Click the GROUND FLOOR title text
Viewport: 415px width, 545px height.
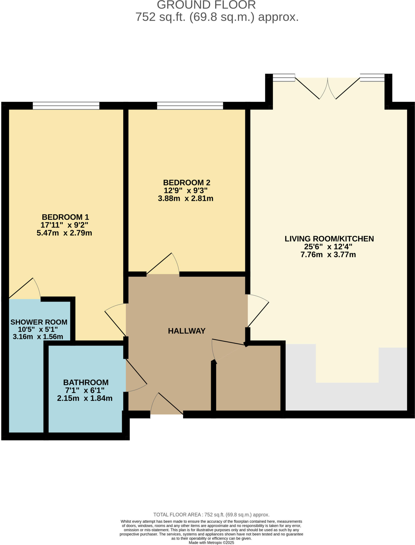tap(206, 5)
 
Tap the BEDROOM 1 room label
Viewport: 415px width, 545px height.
tap(65, 217)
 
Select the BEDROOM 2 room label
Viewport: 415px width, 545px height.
tap(186, 183)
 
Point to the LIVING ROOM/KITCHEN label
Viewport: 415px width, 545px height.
tap(329, 239)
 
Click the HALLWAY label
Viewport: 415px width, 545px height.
tap(187, 331)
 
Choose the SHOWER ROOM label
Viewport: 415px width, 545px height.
tap(39, 322)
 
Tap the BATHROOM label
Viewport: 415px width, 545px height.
tap(86, 382)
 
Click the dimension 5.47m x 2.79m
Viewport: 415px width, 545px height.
tap(64, 233)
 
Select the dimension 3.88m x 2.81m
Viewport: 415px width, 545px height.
tap(185, 199)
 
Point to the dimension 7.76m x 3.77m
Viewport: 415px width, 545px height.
tap(328, 255)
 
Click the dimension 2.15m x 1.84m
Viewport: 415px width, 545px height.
tap(85, 398)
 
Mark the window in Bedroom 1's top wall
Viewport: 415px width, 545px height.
tap(66, 106)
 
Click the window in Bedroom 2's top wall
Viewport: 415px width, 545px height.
tap(190, 106)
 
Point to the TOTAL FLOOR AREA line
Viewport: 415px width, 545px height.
tap(211, 515)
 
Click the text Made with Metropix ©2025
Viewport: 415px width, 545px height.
tap(211, 543)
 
